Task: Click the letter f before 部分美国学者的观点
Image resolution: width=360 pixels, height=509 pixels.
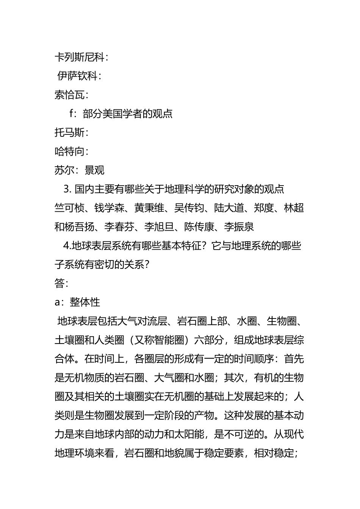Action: coord(71,114)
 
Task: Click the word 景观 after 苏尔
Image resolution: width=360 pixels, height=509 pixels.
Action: coord(94,170)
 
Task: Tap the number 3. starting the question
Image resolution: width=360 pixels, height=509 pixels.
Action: coord(68,189)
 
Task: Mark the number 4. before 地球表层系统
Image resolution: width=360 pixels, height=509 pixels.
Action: coord(67,246)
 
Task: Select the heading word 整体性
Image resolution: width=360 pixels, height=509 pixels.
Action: coord(85,302)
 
